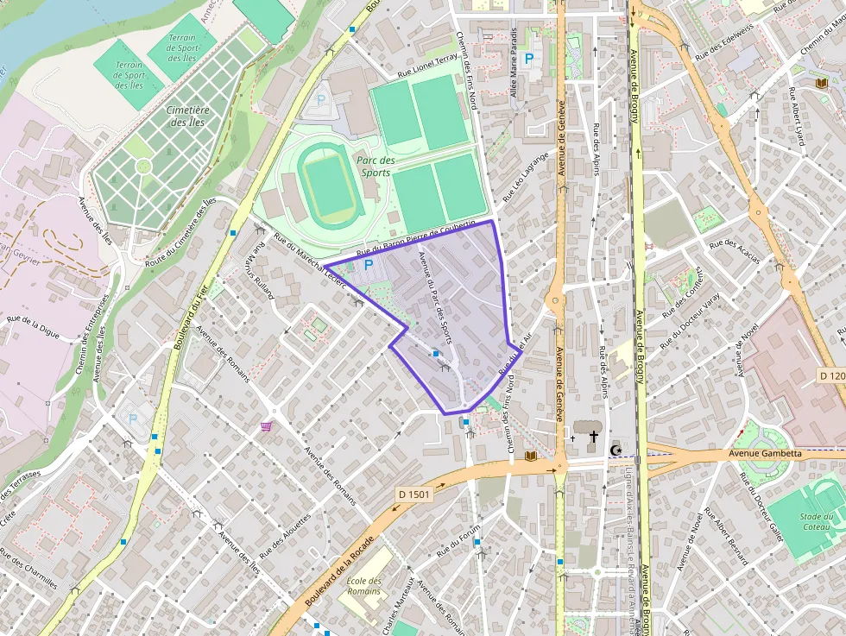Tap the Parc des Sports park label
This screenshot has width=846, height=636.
pos(376,167)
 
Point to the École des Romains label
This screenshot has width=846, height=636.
pos(363,586)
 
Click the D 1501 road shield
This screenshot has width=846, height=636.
pos(415,494)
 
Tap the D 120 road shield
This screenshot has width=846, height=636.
pos(830,376)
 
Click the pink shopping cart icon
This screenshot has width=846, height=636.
pos(267,425)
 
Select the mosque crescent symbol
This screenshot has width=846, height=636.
pos(616,450)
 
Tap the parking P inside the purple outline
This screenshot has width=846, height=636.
pos(369,265)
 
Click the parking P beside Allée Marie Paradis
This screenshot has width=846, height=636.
pos(529,58)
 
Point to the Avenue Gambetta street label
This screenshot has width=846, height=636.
pos(765,453)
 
